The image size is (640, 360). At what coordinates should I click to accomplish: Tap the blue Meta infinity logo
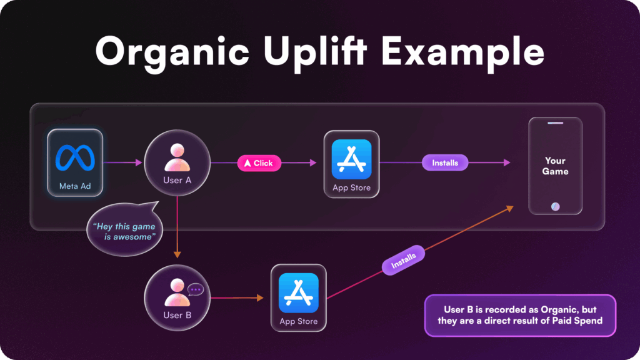(x=74, y=157)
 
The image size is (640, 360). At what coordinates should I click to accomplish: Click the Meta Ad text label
(x=74, y=186)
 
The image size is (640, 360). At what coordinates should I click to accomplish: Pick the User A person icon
(x=177, y=158)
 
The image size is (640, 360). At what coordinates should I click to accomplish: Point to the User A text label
(x=177, y=180)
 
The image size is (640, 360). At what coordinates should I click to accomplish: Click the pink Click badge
(x=259, y=163)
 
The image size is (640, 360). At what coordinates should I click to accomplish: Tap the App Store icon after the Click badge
(x=351, y=156)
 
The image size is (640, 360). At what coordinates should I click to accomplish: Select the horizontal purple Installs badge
(x=445, y=163)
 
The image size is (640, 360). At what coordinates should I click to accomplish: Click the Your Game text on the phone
(x=555, y=166)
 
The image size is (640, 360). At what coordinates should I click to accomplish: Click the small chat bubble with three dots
(x=196, y=289)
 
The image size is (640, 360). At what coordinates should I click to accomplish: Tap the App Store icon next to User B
(x=298, y=291)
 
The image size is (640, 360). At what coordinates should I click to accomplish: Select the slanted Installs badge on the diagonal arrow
(x=403, y=260)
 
